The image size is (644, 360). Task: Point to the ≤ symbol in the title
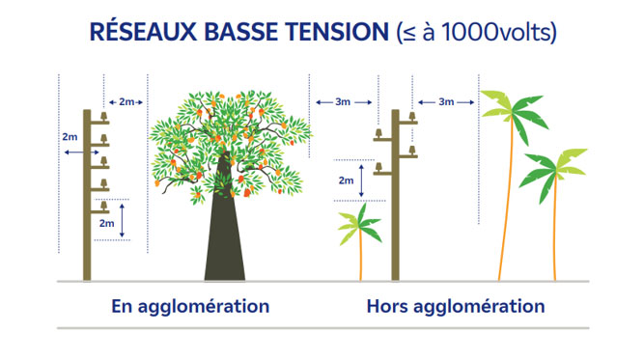406,31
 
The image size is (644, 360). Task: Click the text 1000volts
501,32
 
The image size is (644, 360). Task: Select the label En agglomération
190,308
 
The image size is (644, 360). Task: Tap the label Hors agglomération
455,308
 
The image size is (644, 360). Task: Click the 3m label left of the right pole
343,101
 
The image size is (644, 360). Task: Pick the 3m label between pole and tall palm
445,101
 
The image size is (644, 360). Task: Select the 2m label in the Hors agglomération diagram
345,180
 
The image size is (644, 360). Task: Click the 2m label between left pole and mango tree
126,101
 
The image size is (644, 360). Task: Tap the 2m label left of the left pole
69,138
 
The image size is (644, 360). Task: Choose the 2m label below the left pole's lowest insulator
107,223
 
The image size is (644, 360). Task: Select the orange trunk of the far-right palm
555,232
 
